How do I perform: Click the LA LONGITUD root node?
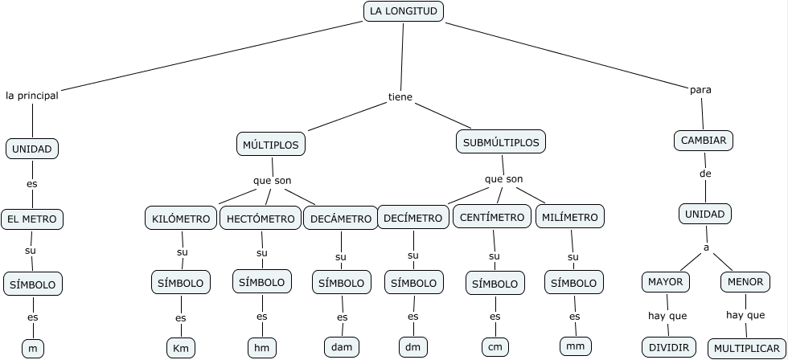404,11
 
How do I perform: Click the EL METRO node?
32,219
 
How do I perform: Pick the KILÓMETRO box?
181,219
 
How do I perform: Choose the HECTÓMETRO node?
260,219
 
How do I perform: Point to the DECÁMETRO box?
341,219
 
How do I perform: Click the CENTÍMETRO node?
492,217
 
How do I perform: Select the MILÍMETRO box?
570,217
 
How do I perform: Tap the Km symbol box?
181,348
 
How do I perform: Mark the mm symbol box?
575,346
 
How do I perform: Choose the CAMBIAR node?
704,141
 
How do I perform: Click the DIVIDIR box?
667,347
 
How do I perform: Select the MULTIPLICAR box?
746,348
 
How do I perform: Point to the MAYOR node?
667,282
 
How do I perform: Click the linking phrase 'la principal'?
32,95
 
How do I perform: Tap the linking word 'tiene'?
400,97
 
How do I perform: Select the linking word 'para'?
700,89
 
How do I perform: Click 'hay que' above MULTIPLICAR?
745,315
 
